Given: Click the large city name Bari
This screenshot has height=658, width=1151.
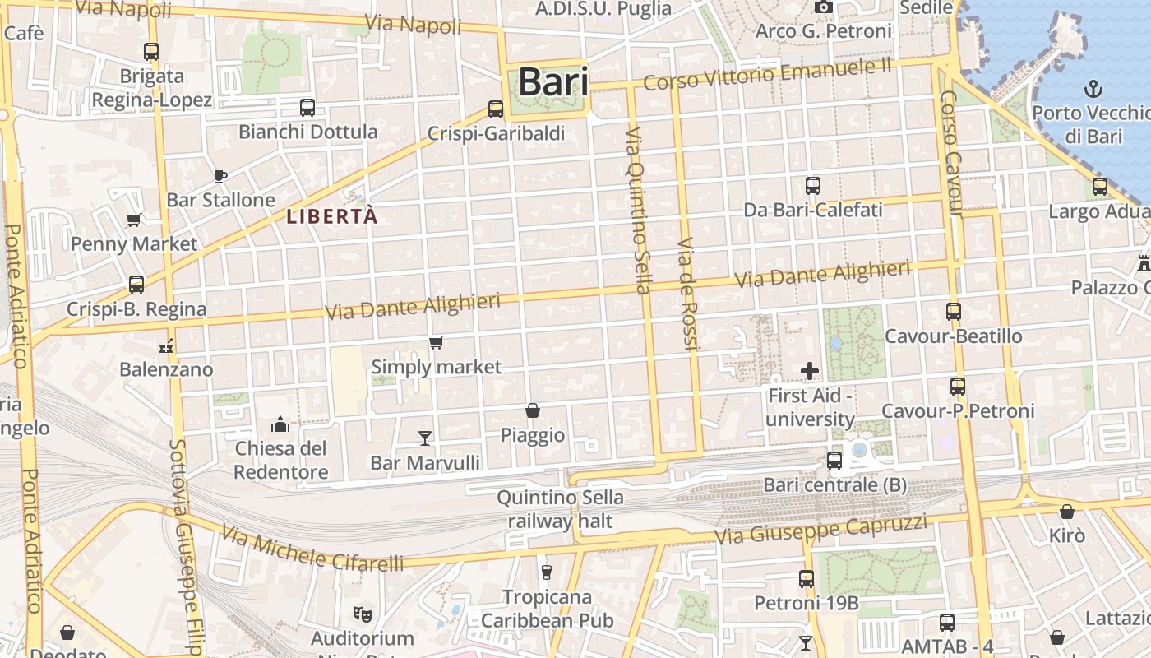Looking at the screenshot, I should (552, 82).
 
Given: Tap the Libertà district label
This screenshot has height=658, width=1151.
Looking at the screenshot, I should (332, 217).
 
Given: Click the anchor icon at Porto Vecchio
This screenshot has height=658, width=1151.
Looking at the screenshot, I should (1093, 88).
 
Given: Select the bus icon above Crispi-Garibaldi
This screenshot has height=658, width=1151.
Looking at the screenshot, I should (495, 109).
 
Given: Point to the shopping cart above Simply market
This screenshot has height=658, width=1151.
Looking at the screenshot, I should (436, 342).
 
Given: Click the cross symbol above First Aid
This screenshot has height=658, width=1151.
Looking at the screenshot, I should (810, 371).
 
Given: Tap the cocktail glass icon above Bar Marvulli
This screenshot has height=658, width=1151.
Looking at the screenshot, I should (425, 438).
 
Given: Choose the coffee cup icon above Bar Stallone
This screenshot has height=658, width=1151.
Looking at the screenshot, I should (220, 175).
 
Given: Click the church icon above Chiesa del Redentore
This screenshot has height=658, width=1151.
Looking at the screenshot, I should (280, 424).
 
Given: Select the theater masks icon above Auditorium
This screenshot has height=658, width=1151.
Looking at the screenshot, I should (361, 614).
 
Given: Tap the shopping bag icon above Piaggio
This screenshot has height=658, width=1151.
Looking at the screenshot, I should (533, 410).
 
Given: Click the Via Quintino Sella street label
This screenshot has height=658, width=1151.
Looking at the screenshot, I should (638, 211).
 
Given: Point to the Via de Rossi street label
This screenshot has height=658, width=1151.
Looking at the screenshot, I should (687, 294).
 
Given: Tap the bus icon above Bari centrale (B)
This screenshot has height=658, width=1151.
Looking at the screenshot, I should (834, 461).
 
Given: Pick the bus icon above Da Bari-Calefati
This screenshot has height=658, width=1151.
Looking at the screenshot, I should (812, 186).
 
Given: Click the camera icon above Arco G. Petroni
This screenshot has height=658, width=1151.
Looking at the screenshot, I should (823, 7).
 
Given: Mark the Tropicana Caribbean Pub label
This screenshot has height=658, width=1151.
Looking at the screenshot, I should (548, 608).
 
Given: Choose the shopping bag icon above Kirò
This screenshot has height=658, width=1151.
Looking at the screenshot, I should (1066, 512).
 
